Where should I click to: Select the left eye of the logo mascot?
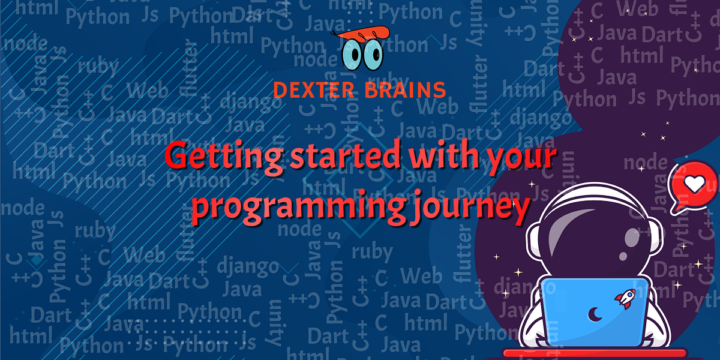(353, 55)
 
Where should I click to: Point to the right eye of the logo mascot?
(374, 55)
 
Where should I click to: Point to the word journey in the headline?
(475, 208)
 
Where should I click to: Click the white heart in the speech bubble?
(695, 184)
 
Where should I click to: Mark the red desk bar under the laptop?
(594, 353)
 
